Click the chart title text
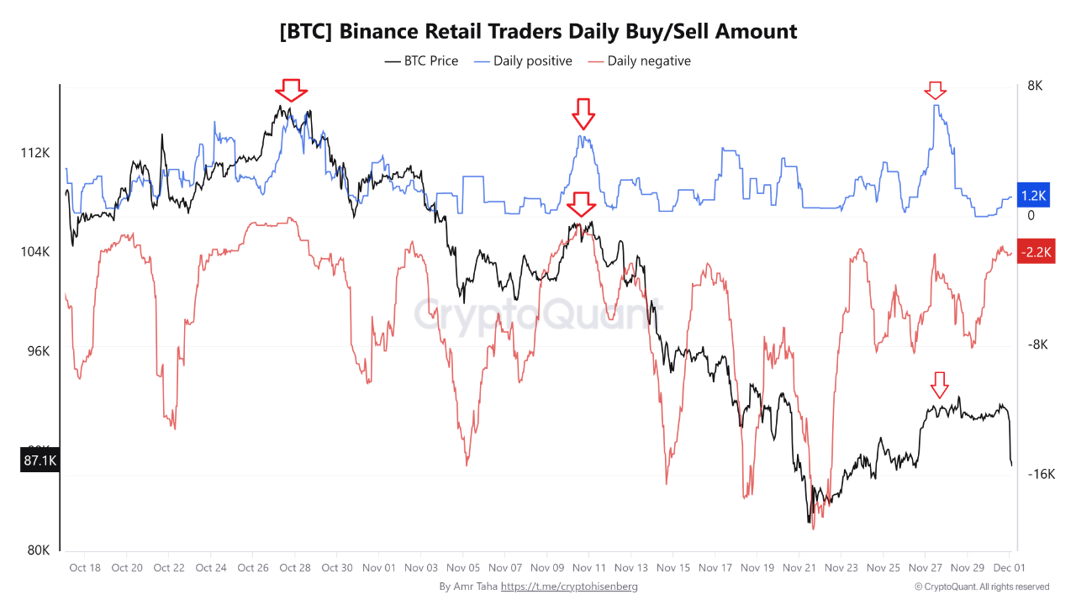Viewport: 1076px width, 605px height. pos(538,32)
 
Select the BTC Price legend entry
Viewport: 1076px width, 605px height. pos(422,60)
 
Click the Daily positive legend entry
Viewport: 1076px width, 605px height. pos(523,60)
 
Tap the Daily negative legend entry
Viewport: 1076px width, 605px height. pos(639,60)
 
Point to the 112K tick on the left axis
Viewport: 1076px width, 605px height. pos(35,153)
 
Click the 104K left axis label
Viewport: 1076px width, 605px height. pos(35,252)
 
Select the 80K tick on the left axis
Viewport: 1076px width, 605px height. pos(39,550)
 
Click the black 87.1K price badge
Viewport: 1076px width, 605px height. pos(40,460)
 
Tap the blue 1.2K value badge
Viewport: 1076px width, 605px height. pos(1033,196)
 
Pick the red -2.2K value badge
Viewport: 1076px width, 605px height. pos(1035,252)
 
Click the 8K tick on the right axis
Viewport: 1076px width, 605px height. pos(1034,86)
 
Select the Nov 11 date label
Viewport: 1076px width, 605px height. pos(589,568)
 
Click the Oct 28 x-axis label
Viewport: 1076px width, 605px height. pos(294,568)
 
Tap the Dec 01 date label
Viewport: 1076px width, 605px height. pos(1009,568)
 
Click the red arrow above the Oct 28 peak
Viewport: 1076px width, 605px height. pos(292,89)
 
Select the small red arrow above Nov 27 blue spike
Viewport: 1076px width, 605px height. pos(935,90)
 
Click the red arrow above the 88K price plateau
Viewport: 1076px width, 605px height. pos(940,385)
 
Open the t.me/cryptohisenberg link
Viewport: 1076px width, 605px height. pos(569,587)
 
